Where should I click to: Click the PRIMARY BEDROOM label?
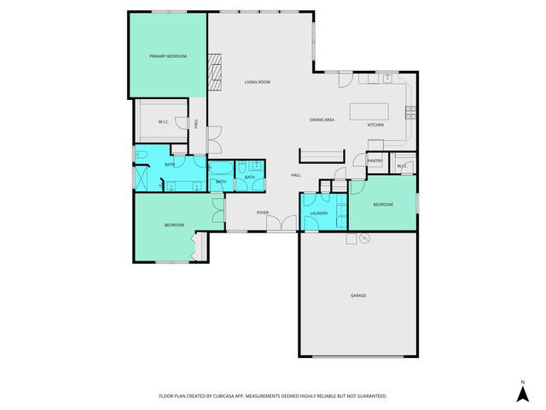point(167,56)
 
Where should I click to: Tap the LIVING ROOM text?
point(257,82)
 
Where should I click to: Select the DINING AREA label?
point(321,120)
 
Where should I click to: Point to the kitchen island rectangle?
point(370,111)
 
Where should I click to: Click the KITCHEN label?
point(375,126)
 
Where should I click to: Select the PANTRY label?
point(375,161)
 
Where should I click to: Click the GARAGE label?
point(357,296)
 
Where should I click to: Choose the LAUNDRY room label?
point(319,213)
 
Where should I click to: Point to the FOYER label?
point(262,213)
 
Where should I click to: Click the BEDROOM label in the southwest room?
point(174,225)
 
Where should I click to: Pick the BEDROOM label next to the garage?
point(383,204)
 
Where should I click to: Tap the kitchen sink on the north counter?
point(383,79)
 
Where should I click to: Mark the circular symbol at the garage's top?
point(363,239)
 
